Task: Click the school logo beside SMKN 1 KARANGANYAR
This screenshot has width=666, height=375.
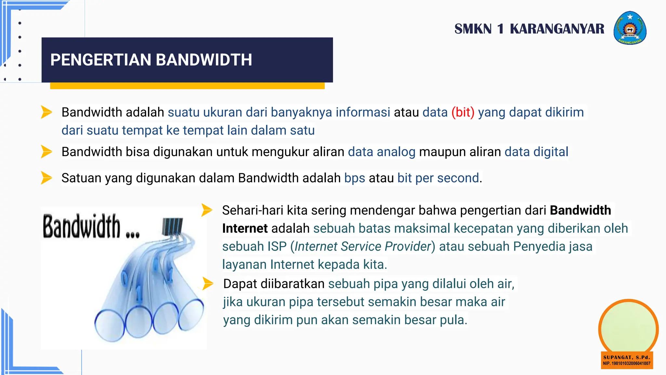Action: [x=630, y=28]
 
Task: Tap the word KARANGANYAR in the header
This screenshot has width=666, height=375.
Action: [x=557, y=29]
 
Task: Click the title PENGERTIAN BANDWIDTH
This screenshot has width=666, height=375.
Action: [x=151, y=60]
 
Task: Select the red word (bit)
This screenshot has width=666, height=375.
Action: [x=463, y=112]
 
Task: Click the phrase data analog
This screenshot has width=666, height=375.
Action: [x=381, y=152]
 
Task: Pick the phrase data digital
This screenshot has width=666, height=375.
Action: [x=536, y=152]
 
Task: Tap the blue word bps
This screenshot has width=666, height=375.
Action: [x=354, y=178]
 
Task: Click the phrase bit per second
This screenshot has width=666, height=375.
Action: [x=438, y=178]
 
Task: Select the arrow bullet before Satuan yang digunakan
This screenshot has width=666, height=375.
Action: [x=46, y=178]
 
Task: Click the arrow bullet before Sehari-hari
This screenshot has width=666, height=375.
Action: [x=206, y=210]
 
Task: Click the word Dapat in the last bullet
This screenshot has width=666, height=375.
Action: [x=240, y=284]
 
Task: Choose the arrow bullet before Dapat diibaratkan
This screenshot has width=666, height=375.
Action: [x=207, y=284]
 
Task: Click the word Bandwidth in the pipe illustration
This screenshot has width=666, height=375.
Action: [x=82, y=227]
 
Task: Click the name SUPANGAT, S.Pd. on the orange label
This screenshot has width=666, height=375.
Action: [x=627, y=357]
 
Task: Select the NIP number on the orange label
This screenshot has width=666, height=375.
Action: [x=627, y=364]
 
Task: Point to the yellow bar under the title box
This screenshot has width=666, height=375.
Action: [x=187, y=86]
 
